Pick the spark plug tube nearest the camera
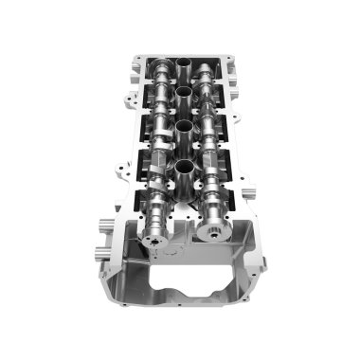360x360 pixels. point(181,171)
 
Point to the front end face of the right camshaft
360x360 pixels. point(215,228)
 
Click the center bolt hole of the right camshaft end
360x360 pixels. point(216,230)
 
